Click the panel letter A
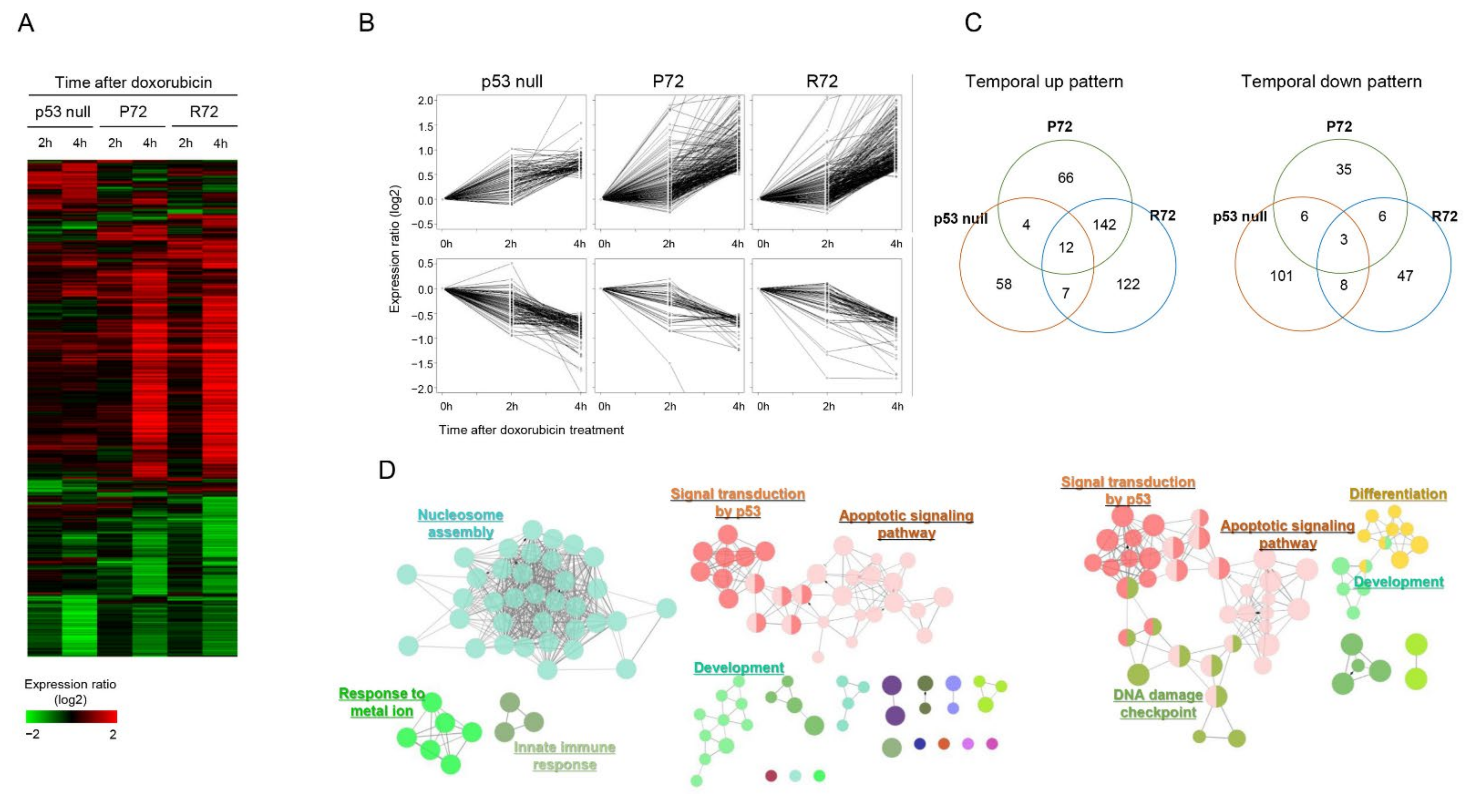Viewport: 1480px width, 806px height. pos(26,23)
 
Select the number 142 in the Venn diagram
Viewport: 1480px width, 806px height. pos(1104,225)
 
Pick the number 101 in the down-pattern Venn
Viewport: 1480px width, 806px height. pos(1281,276)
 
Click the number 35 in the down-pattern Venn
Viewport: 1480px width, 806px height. pos(1343,169)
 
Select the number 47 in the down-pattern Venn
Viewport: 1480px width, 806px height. pos(1405,276)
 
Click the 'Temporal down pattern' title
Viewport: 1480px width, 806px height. pos(1331,82)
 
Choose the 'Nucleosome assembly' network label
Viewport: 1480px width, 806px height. pos(460,523)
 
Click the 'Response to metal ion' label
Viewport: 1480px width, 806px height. pos(382,702)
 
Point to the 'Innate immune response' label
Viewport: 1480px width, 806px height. pos(564,756)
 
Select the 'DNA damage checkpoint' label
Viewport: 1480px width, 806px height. pos(1158,704)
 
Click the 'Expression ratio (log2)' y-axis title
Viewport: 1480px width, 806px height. pos(394,249)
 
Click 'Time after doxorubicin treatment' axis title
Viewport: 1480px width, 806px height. pos(531,430)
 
